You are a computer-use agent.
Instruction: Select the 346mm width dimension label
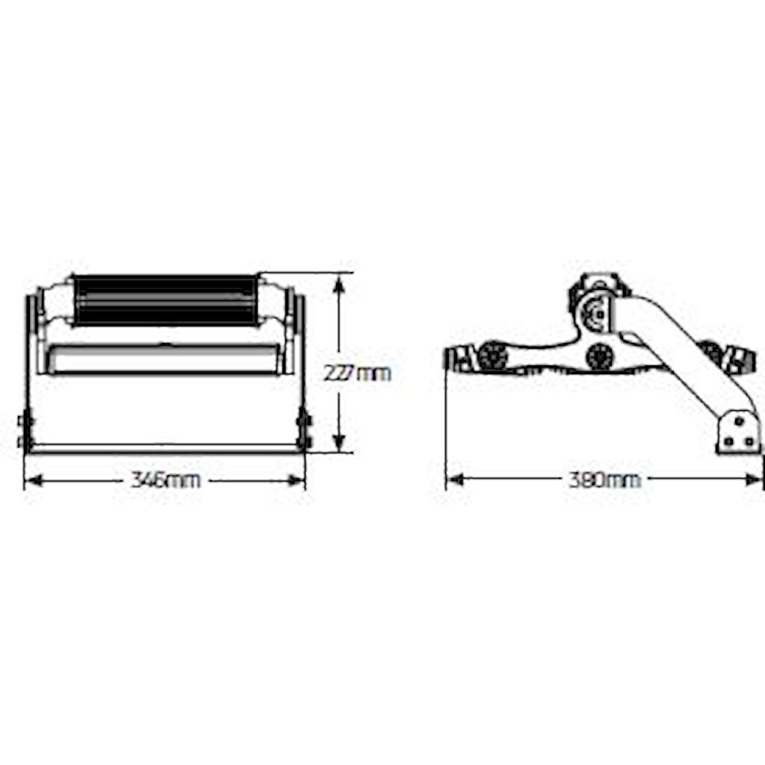pyautogui.click(x=165, y=480)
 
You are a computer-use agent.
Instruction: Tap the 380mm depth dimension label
pyautogui.click(x=604, y=480)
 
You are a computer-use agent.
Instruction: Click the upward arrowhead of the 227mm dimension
pyautogui.click(x=340, y=285)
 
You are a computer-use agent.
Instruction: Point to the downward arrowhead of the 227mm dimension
pyautogui.click(x=340, y=441)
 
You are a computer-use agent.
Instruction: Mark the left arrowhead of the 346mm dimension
pyautogui.click(x=34, y=480)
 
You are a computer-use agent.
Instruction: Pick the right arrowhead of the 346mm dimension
pyautogui.click(x=296, y=480)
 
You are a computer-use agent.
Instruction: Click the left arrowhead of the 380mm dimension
pyautogui.click(x=455, y=480)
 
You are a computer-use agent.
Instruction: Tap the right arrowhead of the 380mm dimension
pyautogui.click(x=753, y=480)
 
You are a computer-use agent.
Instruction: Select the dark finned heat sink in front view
pyautogui.click(x=166, y=300)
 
